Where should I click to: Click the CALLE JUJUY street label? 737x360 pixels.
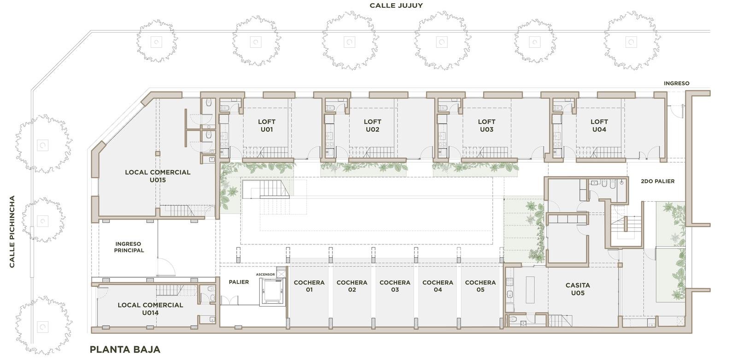(x=396, y=6)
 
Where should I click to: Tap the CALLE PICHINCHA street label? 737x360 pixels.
(x=12, y=232)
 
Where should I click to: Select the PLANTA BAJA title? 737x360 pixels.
(x=125, y=349)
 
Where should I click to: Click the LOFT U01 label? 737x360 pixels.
(x=267, y=126)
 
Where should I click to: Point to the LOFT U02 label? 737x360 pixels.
(x=373, y=126)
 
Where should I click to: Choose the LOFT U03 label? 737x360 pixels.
(x=486, y=126)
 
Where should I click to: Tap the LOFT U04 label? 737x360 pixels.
(x=599, y=126)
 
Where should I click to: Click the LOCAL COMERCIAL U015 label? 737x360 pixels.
(x=158, y=176)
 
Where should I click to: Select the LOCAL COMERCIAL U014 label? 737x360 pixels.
(x=150, y=309)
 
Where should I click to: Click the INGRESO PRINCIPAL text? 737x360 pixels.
(x=129, y=247)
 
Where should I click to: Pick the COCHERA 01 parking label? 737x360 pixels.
(x=309, y=286)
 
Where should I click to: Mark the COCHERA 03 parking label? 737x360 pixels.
(x=395, y=286)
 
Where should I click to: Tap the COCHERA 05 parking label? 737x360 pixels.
(x=480, y=286)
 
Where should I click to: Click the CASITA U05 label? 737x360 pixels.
(x=578, y=289)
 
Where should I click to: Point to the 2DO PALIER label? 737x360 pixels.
(x=658, y=181)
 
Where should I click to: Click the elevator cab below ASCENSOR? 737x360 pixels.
(x=273, y=291)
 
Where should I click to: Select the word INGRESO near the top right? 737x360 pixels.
(x=677, y=83)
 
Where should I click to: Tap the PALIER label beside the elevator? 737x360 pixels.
(x=239, y=282)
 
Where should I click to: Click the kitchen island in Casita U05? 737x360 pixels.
(x=530, y=290)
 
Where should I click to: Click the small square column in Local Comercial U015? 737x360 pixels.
(x=158, y=153)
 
